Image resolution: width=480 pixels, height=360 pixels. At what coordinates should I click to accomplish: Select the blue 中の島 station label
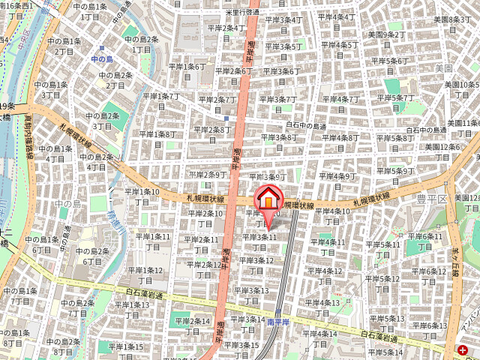tap(100, 57)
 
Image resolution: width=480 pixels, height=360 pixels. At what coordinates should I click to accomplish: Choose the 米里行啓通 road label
tap(241, 13)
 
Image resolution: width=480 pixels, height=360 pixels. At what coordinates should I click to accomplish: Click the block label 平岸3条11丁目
tap(259, 241)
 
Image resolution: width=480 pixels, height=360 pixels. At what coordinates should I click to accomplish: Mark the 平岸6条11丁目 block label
tap(425, 241)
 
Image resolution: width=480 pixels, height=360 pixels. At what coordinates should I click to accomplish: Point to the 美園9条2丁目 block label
tap(386, 39)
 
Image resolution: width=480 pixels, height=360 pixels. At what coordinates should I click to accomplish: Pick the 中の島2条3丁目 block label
tap(103, 121)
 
